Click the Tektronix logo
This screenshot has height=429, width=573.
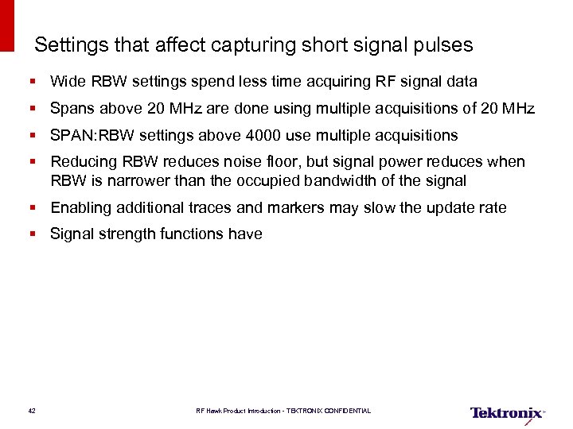[x=507, y=412]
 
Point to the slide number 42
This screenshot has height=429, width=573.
[x=31, y=411]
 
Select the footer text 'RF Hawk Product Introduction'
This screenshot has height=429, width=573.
[x=239, y=411]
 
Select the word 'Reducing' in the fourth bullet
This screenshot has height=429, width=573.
[x=84, y=162]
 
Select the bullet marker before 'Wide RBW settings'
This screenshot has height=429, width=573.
[x=34, y=82]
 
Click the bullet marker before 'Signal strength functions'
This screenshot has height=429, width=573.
[x=34, y=234]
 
